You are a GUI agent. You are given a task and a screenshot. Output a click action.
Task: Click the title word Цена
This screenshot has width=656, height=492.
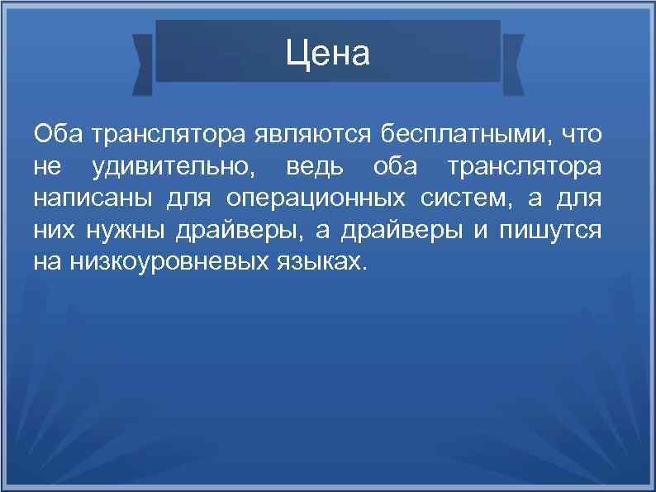(328, 55)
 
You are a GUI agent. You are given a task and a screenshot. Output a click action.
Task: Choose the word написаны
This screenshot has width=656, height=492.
(85, 198)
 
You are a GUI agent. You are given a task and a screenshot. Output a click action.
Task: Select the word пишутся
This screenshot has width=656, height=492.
(549, 231)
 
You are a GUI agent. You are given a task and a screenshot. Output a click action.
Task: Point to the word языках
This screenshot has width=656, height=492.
(317, 263)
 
